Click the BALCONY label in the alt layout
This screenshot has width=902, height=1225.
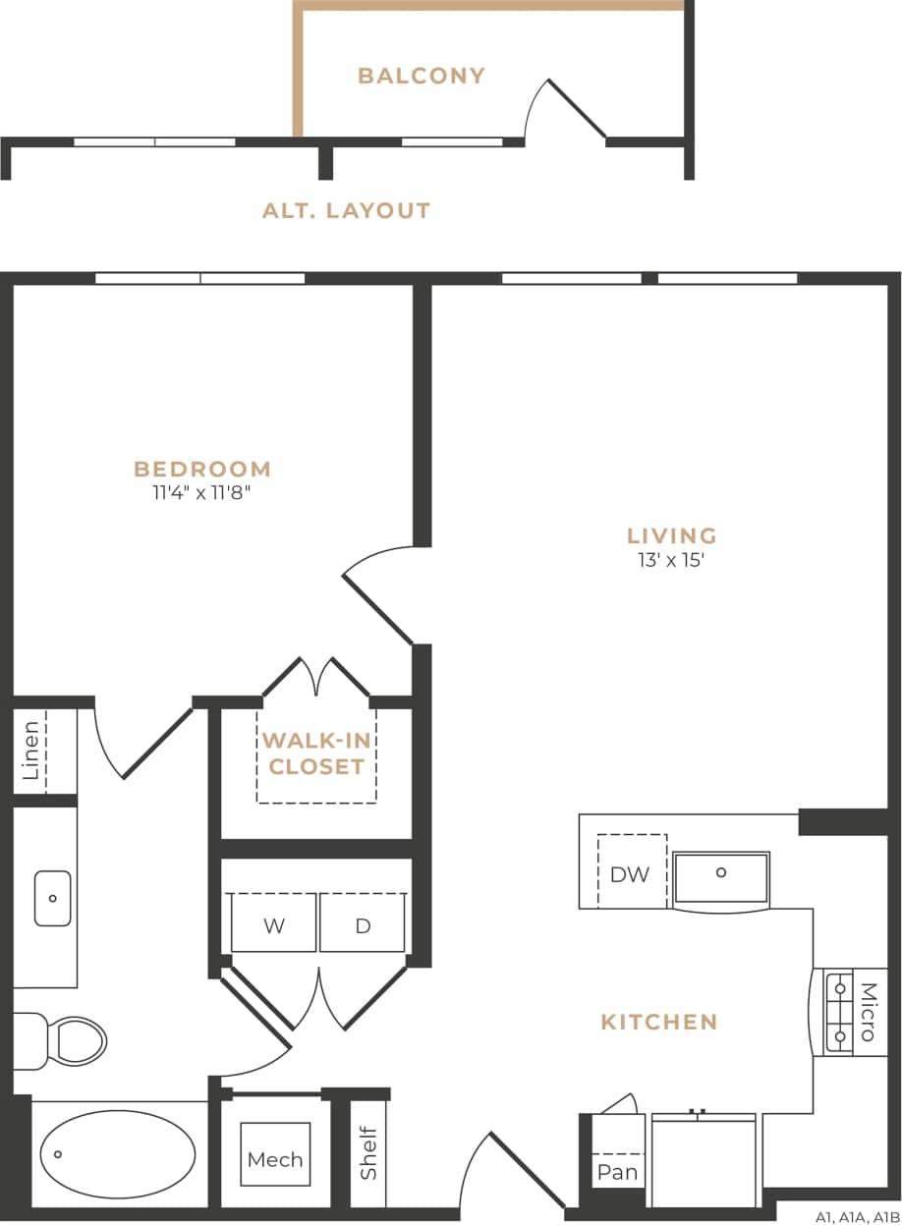421,76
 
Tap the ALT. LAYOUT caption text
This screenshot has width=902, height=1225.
346,210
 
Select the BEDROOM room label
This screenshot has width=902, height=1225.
202,469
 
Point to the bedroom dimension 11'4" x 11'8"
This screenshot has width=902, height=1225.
202,493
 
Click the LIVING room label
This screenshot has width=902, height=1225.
672,535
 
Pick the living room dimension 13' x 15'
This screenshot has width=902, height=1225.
672,561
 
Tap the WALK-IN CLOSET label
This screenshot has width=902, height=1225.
316,753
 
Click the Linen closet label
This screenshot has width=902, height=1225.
31,751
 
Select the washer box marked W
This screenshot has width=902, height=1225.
273,925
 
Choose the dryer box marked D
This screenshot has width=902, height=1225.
363,925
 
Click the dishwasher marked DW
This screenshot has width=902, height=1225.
630,873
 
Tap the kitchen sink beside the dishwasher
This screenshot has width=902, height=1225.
721,877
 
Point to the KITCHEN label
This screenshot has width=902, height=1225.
659,1022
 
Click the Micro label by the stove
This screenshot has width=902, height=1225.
868,1012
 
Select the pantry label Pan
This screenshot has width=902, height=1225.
617,1171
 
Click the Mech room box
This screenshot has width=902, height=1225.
275,1159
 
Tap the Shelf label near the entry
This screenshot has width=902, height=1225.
368,1152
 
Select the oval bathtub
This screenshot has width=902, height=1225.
117,1154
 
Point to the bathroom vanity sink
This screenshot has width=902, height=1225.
52,897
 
